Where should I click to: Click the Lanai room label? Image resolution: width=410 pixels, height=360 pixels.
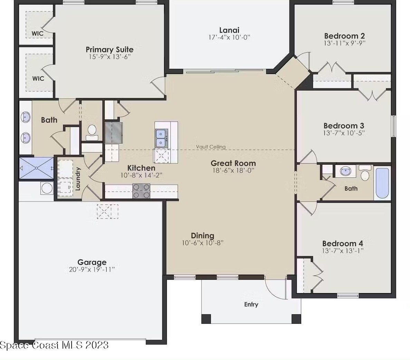coord(229,30)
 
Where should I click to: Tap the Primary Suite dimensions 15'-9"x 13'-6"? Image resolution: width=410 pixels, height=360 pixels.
coord(109,57)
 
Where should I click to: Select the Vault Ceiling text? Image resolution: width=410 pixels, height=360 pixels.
coord(211,147)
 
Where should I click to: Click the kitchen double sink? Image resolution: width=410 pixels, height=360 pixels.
coord(162,138)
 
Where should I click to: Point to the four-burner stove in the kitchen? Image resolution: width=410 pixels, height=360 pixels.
coord(141,191)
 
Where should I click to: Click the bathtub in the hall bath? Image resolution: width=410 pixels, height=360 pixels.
coord(382,183)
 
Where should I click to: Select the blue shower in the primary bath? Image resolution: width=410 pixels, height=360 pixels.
coord(36,168)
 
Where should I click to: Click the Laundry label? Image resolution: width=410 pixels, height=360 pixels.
coord(78,179)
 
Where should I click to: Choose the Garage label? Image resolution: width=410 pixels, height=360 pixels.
coord(92,262)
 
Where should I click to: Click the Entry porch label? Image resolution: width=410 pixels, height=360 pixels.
coord(251,304)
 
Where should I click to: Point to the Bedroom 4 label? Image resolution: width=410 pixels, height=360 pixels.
coord(342,243)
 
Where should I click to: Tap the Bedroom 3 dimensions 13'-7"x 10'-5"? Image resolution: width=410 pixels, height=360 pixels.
coord(344,133)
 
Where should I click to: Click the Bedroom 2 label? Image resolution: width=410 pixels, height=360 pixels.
coord(344,36)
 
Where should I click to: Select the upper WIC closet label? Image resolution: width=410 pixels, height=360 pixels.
coord(38,33)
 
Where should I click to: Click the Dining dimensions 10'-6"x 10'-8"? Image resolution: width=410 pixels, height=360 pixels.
coord(203,243)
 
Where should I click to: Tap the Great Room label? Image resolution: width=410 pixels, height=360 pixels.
coord(233,163)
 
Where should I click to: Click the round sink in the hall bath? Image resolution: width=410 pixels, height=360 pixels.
coord(345,171)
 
